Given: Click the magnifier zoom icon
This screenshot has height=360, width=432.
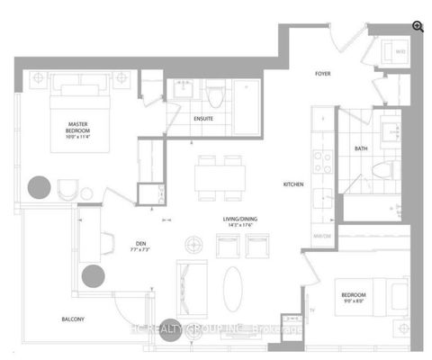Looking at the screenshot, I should point(417,26).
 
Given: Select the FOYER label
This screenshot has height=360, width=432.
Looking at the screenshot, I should point(325,76).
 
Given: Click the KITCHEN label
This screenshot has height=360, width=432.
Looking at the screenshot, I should point(294,184).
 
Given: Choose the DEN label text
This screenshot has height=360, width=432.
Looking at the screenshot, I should point(136,242).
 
